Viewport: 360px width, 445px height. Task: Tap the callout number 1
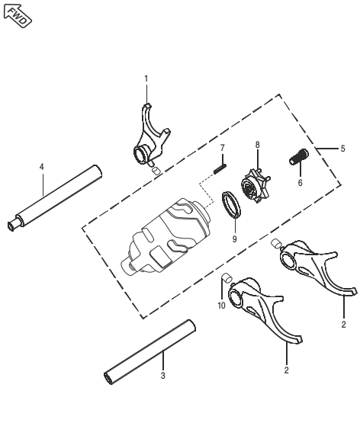[x=146, y=78]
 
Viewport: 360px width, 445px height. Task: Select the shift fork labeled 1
[x=149, y=137]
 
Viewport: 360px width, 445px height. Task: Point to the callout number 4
[x=42, y=165]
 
